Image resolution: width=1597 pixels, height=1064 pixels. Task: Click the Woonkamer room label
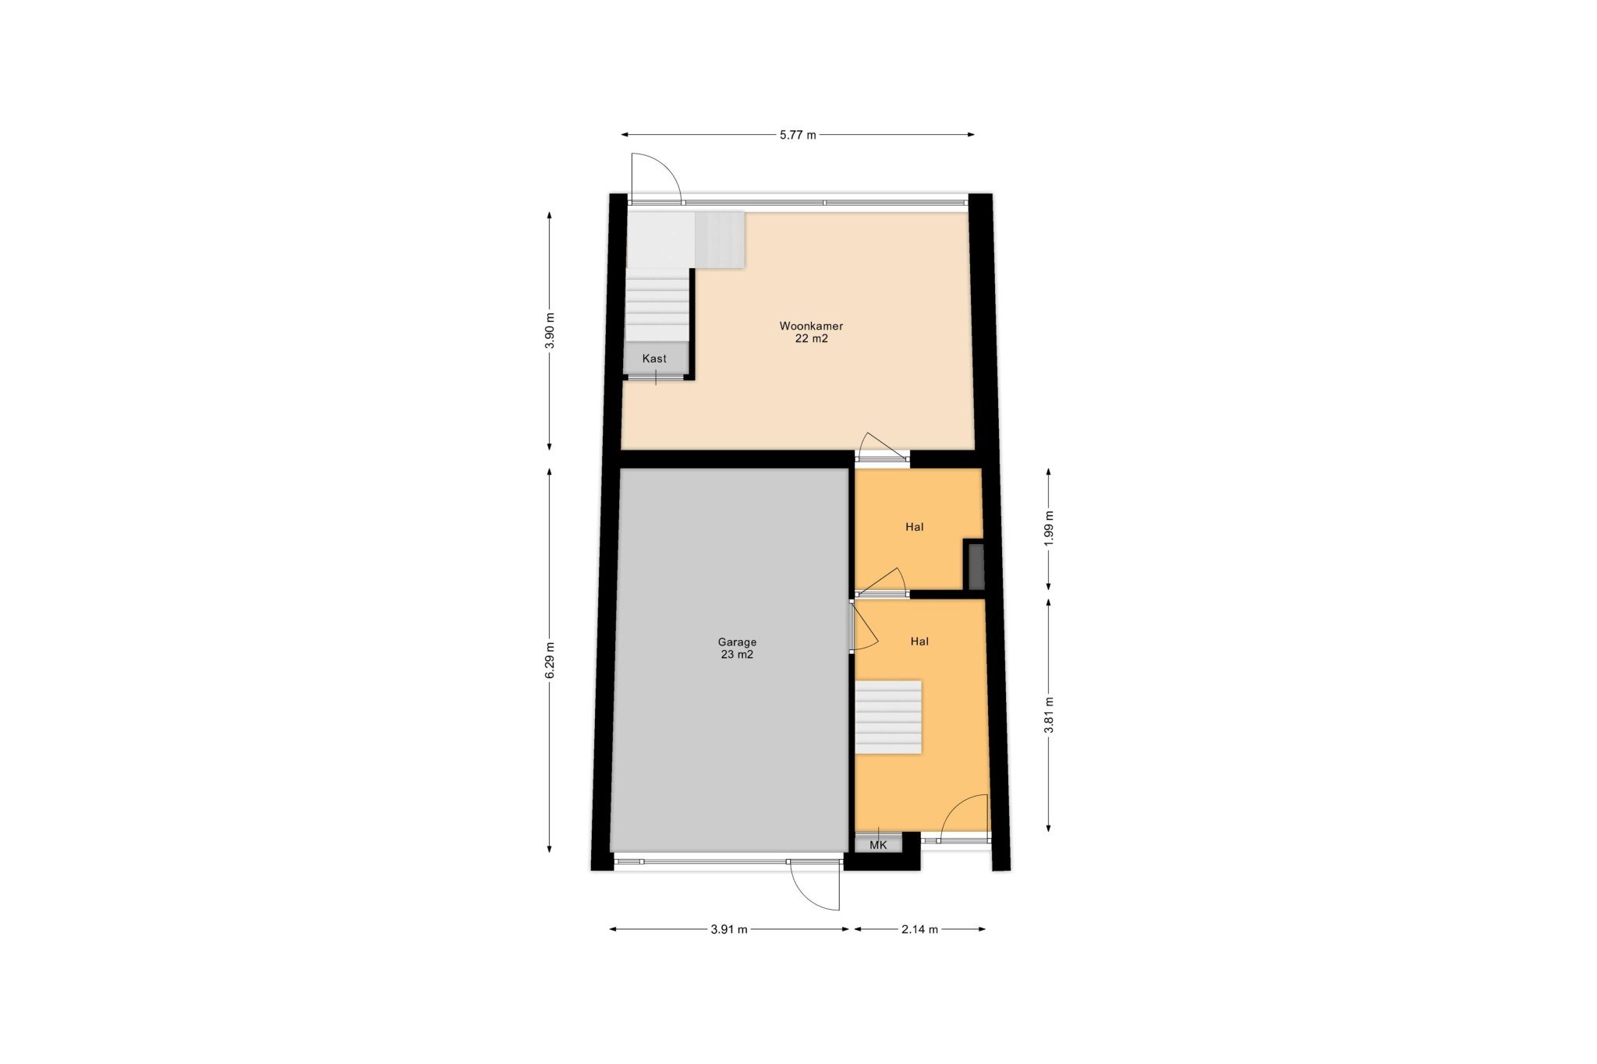click(x=811, y=326)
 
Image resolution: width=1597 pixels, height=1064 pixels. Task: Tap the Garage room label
click(x=737, y=642)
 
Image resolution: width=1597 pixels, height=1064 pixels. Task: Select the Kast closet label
click(x=654, y=359)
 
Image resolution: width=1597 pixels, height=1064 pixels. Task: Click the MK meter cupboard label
click(x=878, y=845)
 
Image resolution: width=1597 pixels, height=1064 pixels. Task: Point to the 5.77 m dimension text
click(x=798, y=135)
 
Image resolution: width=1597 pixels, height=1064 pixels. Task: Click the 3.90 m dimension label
click(x=550, y=331)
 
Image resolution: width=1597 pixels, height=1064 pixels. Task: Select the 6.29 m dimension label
click(x=550, y=660)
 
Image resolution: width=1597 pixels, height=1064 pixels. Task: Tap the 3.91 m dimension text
click(x=729, y=929)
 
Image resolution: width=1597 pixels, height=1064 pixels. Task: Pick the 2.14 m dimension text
click(x=919, y=929)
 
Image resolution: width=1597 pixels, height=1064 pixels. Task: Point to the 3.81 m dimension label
click(x=1049, y=715)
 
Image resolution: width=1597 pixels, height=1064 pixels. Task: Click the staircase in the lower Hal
click(x=888, y=717)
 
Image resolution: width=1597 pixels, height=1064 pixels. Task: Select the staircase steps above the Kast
click(x=657, y=305)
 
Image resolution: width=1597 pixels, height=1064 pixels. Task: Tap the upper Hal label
click(x=915, y=527)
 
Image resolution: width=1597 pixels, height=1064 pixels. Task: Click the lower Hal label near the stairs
click(x=919, y=642)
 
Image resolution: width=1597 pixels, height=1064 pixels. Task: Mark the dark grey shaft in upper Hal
click(x=976, y=567)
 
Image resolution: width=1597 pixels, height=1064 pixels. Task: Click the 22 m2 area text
click(x=811, y=339)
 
